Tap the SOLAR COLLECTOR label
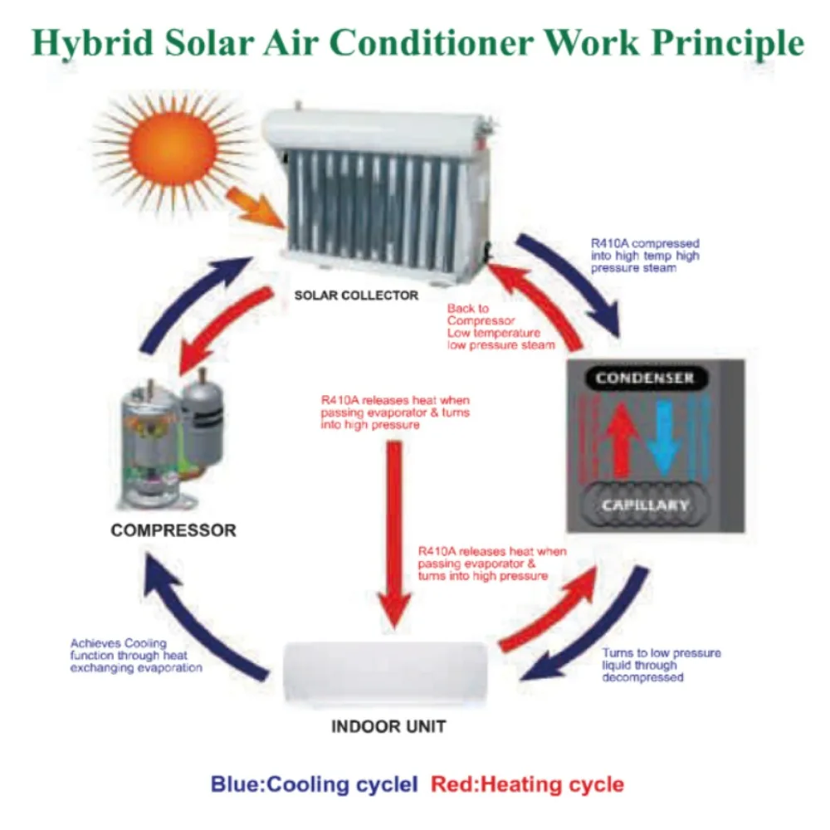tap(358, 295)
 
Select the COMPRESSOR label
tap(173, 530)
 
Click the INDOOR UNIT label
tap(388, 727)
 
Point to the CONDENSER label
tap(644, 378)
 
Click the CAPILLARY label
tap(644, 505)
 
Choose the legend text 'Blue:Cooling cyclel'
tap(314, 784)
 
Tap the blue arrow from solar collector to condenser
tap(573, 282)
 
